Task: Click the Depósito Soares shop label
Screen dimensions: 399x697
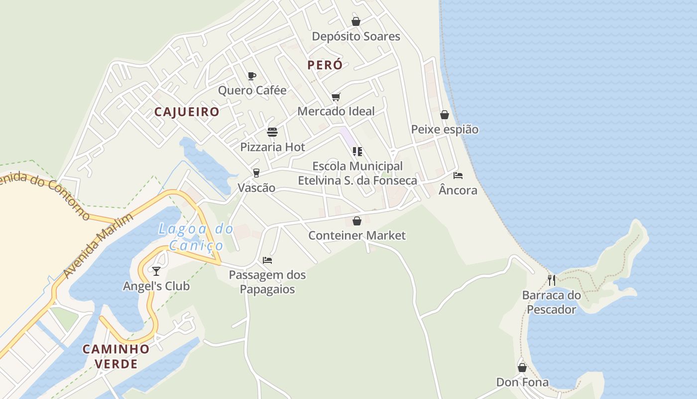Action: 356,36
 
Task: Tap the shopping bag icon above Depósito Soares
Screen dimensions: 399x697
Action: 356,21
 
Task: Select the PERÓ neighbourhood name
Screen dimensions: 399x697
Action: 325,65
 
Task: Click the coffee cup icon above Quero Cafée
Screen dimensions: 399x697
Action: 252,76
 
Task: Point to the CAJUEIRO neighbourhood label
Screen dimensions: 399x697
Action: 187,112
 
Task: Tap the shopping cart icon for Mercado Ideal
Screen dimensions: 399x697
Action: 336,97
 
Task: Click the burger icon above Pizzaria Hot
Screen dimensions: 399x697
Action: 272,132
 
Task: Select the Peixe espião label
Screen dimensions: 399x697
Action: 445,130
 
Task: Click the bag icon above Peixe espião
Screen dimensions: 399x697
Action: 445,115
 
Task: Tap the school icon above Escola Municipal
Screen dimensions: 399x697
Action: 357,151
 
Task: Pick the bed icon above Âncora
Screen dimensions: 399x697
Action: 458,176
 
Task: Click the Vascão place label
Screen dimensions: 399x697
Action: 256,188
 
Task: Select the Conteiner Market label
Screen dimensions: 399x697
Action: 357,235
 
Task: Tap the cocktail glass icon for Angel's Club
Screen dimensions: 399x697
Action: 156,271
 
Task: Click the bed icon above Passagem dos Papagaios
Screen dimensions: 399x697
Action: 267,260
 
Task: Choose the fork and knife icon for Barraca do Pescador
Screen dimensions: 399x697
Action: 552,280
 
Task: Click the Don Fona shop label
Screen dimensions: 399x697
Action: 522,383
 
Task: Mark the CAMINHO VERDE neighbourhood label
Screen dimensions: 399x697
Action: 116,356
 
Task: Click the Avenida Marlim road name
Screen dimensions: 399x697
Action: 99,246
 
